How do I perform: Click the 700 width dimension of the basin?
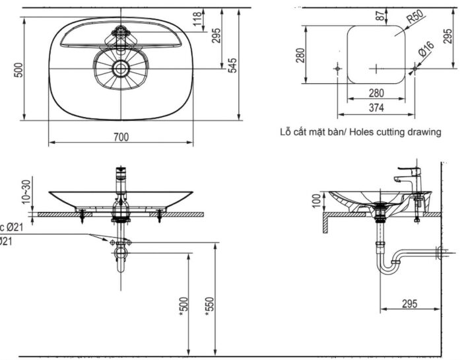click(121, 137)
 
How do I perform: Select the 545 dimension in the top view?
click(232, 65)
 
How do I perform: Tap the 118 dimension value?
click(197, 20)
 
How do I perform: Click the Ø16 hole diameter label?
click(426, 48)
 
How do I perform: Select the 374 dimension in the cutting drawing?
click(376, 107)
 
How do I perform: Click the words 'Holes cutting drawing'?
click(395, 131)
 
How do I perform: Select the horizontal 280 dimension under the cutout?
click(376, 94)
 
